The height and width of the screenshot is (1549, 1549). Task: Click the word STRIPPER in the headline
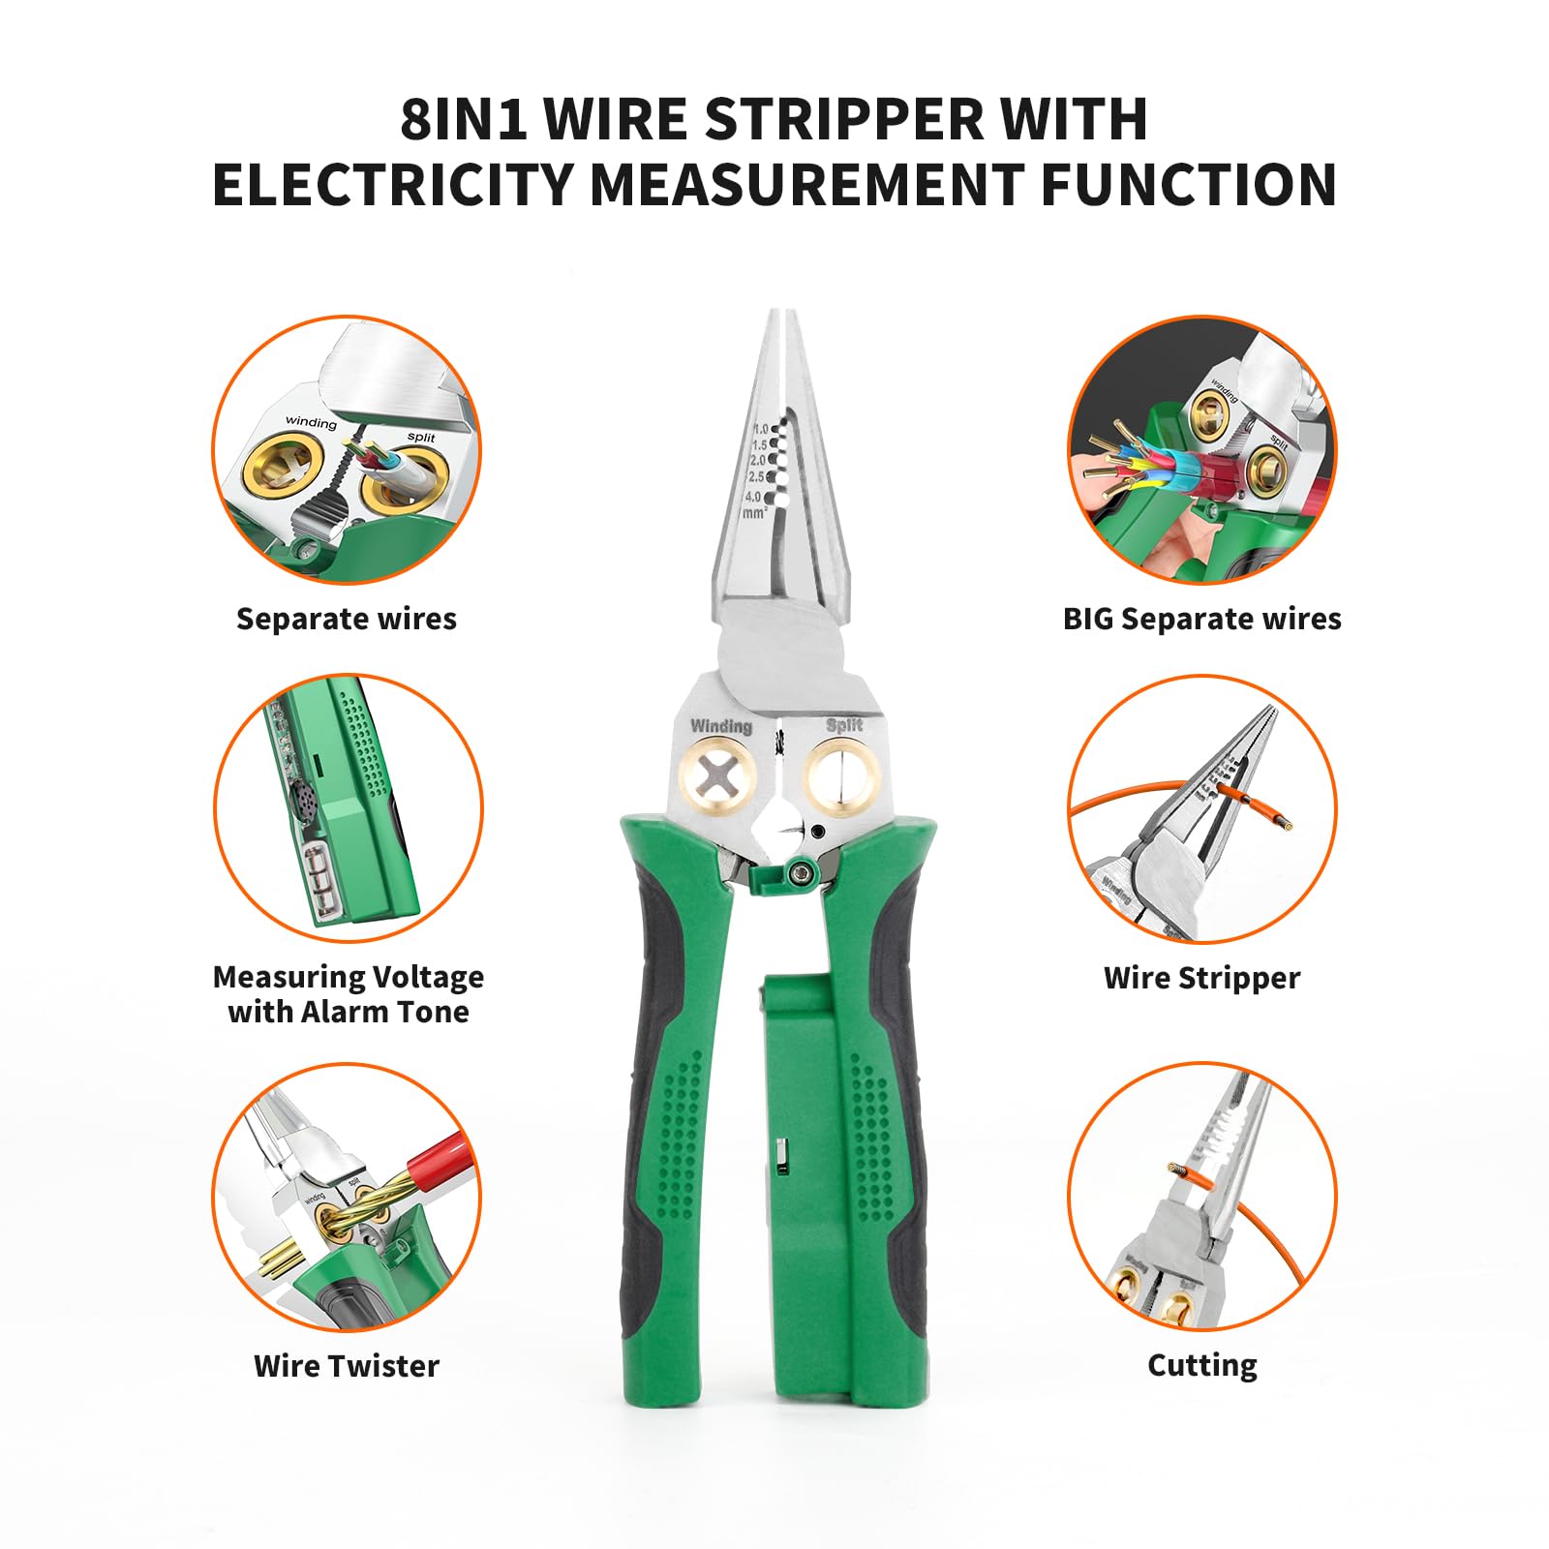coord(842,120)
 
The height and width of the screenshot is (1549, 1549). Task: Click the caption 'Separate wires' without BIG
coord(346,619)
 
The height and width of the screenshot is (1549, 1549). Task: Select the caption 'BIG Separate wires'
coord(1201,619)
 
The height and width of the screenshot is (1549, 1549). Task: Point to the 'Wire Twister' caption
coord(346,1366)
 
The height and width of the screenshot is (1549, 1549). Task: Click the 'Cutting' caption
coord(1201,1365)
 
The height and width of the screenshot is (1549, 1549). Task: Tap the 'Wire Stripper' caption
coord(1201,978)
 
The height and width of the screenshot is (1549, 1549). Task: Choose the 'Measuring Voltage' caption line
coord(348,977)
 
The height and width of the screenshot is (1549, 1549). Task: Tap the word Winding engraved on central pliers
coord(720,726)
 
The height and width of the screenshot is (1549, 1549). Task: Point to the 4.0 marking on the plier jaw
coord(753,498)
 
